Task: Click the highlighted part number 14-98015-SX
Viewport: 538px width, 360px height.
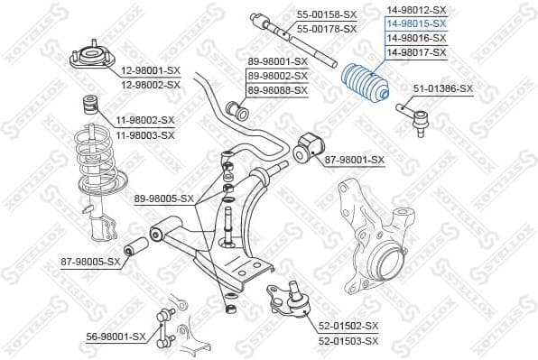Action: click(x=415, y=23)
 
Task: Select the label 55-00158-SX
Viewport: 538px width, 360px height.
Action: click(x=327, y=15)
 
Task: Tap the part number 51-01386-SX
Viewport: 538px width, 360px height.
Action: click(x=442, y=88)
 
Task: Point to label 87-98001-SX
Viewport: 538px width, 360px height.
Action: click(x=354, y=160)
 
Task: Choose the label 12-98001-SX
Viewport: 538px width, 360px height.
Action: click(x=150, y=71)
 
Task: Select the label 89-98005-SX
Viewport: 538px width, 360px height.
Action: click(x=164, y=198)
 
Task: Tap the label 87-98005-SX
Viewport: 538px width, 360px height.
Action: click(x=90, y=262)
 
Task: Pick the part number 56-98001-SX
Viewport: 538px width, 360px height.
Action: click(x=115, y=336)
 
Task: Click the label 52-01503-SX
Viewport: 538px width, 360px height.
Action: click(x=348, y=339)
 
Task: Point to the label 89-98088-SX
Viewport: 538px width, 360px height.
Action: click(x=278, y=90)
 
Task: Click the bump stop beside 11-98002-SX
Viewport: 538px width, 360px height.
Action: click(x=90, y=103)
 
